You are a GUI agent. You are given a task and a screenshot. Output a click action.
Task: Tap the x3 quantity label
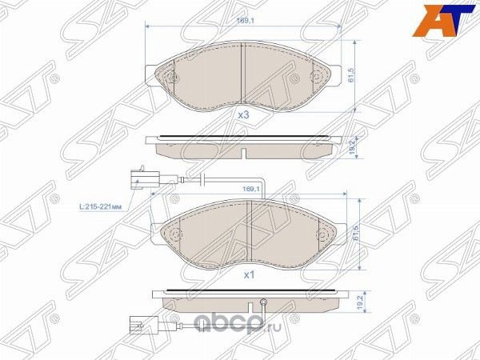click(244, 115)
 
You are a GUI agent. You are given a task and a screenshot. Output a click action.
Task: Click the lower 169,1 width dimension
click(252, 189)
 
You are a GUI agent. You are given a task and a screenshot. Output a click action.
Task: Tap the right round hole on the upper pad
click(318, 78)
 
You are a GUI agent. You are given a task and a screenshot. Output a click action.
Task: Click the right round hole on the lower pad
click(323, 235)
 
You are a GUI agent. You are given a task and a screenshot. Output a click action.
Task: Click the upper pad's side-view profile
click(244, 142)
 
